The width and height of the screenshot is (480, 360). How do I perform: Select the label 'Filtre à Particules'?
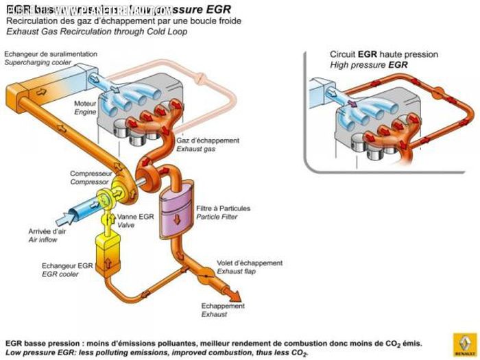223,208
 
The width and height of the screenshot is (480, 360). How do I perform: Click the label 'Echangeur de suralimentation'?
51,53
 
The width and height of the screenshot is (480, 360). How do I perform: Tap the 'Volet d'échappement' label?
250,263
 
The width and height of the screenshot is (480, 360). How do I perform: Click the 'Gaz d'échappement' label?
208,140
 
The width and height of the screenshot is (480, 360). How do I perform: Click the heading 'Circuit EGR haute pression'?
383,54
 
